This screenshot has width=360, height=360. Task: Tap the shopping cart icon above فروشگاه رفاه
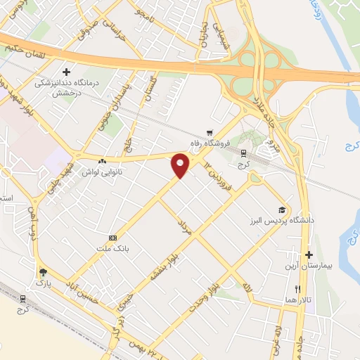tap(209, 132)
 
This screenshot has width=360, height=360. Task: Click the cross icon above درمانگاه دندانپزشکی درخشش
tap(67, 72)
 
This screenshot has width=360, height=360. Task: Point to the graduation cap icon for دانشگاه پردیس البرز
tap(282, 210)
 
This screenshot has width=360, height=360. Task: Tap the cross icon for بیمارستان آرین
tap(309, 254)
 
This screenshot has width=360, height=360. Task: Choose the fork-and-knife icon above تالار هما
tap(297, 289)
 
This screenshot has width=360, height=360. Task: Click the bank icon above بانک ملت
tap(112, 238)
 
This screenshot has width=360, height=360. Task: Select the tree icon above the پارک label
tap(44, 271)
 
